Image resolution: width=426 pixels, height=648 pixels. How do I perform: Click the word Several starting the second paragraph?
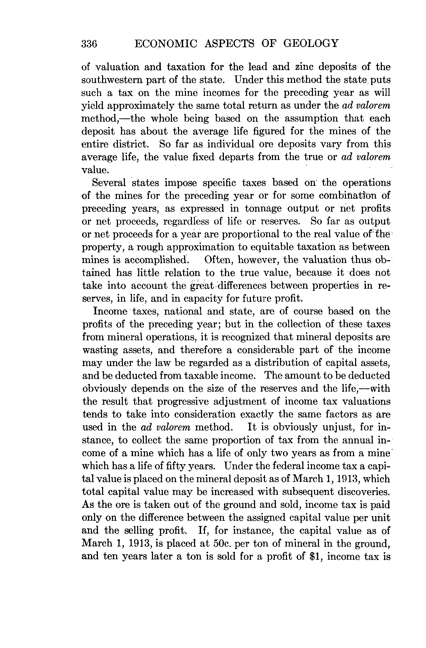click(109, 183)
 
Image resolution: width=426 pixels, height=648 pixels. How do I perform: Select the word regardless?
click(186, 221)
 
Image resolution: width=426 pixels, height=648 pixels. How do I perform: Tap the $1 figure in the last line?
click(315, 556)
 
